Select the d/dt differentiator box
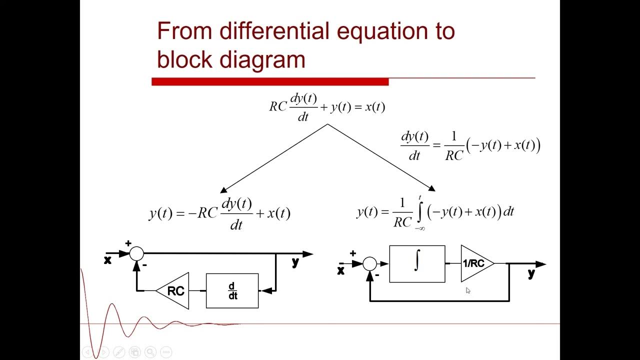[232, 291]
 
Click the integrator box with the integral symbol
[417, 264]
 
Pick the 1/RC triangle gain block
[475, 263]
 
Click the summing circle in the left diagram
[136, 254]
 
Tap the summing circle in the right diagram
[369, 264]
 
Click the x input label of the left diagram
[107, 260]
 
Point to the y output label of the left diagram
[295, 261]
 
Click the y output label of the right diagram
[531, 273]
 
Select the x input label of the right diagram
[341, 270]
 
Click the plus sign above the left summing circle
[128, 243]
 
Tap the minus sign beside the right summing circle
[377, 274]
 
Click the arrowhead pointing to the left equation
[223, 189]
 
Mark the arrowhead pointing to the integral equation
[431, 188]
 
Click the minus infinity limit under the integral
[419, 228]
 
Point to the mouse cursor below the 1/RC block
[468, 290]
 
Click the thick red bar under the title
[270, 82]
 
